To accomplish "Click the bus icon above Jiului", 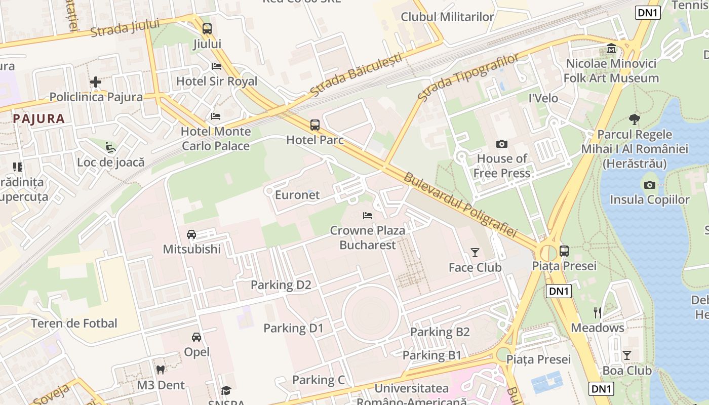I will pyautogui.click(x=207, y=29).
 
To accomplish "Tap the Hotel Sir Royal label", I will pyautogui.click(x=216, y=82).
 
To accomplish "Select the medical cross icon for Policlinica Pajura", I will pyautogui.click(x=95, y=82).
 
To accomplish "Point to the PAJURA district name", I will pyautogui.click(x=39, y=119).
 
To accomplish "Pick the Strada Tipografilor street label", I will pyautogui.click(x=468, y=77).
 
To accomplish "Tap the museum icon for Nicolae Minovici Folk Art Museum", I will pyautogui.click(x=611, y=49).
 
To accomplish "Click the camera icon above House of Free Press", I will pyautogui.click(x=501, y=144).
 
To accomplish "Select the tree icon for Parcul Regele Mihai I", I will pyautogui.click(x=634, y=119).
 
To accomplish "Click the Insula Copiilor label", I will pyautogui.click(x=649, y=199).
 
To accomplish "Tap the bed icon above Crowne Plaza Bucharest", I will pyautogui.click(x=368, y=216).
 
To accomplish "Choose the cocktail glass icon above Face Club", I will pyautogui.click(x=475, y=253).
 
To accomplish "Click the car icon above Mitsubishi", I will pyautogui.click(x=191, y=234).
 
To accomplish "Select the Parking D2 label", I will pyautogui.click(x=281, y=285).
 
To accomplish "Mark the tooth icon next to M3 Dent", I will pyautogui.click(x=161, y=370).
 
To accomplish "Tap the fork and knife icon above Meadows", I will pyautogui.click(x=598, y=313).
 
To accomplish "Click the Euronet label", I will pyautogui.click(x=297, y=195).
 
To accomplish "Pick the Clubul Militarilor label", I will pyautogui.click(x=447, y=17).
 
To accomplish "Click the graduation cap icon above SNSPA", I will pyautogui.click(x=226, y=390).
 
